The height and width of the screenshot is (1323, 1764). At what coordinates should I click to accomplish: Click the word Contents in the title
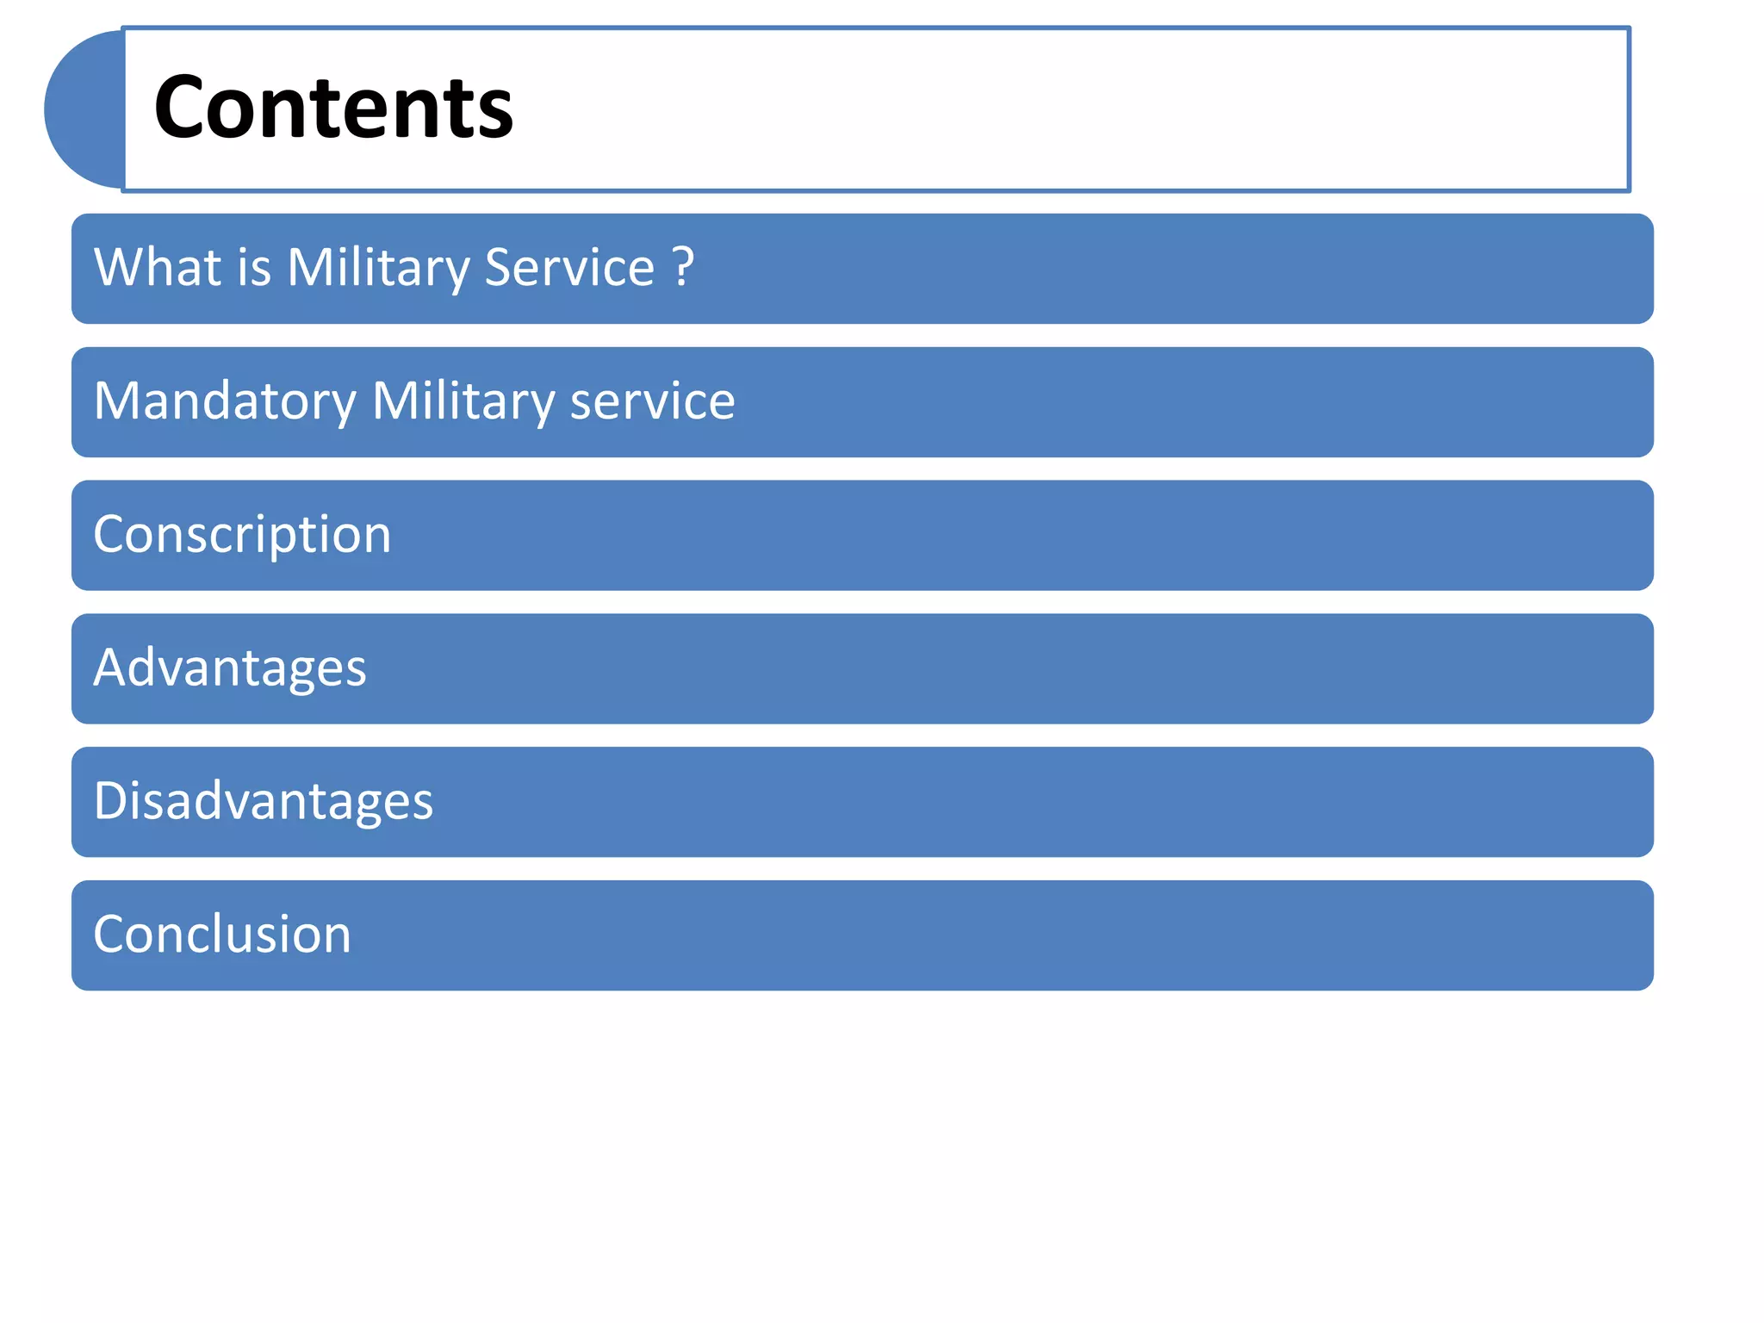[333, 108]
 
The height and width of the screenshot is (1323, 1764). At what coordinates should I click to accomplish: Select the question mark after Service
[683, 267]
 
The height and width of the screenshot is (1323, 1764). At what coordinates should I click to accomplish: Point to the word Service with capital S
[569, 267]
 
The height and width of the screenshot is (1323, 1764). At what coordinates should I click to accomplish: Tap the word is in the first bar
[254, 267]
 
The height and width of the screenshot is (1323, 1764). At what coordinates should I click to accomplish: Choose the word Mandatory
[224, 401]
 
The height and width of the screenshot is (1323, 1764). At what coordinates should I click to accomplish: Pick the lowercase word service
[652, 401]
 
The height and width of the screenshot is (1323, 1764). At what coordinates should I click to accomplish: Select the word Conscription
[242, 535]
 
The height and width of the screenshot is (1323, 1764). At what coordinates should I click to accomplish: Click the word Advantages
[230, 668]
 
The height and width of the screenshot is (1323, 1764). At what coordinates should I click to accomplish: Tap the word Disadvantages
[263, 801]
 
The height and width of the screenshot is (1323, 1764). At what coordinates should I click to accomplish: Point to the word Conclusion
[222, 935]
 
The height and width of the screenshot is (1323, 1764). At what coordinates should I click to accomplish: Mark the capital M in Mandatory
[116, 401]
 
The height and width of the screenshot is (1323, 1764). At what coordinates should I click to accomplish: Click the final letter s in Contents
[496, 115]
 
